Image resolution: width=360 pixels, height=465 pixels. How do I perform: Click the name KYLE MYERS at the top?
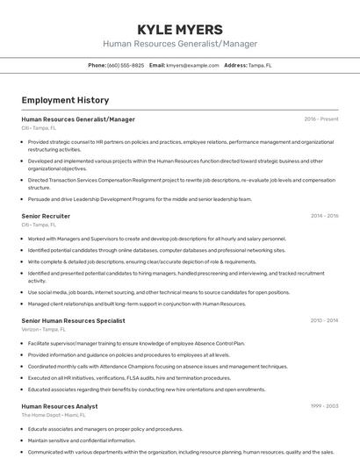tap(180, 29)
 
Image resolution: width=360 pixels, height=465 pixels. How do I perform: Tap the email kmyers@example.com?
tap(192, 65)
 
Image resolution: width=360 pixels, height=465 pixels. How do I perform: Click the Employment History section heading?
tap(65, 100)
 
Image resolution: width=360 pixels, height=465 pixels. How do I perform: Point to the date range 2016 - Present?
tap(321, 118)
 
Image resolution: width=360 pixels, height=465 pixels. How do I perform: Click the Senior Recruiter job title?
tap(46, 215)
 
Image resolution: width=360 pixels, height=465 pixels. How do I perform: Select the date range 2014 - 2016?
tap(324, 215)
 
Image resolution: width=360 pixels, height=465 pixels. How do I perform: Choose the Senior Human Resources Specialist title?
tap(73, 321)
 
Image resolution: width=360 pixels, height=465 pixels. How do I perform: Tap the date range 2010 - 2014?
tap(324, 321)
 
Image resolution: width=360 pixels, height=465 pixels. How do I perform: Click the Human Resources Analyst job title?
tap(59, 406)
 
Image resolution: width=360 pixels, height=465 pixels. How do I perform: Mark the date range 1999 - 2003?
tap(324, 406)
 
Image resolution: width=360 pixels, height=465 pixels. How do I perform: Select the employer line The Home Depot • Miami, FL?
tap(55, 415)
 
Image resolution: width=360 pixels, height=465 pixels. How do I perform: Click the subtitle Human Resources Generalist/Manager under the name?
tap(180, 43)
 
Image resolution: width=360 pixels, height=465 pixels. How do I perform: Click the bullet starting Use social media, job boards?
tap(158, 292)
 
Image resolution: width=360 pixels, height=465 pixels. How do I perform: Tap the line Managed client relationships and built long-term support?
tap(137, 304)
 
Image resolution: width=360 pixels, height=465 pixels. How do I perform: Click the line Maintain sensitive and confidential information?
tap(82, 440)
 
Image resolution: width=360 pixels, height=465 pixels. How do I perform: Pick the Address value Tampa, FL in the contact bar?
tap(260, 65)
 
